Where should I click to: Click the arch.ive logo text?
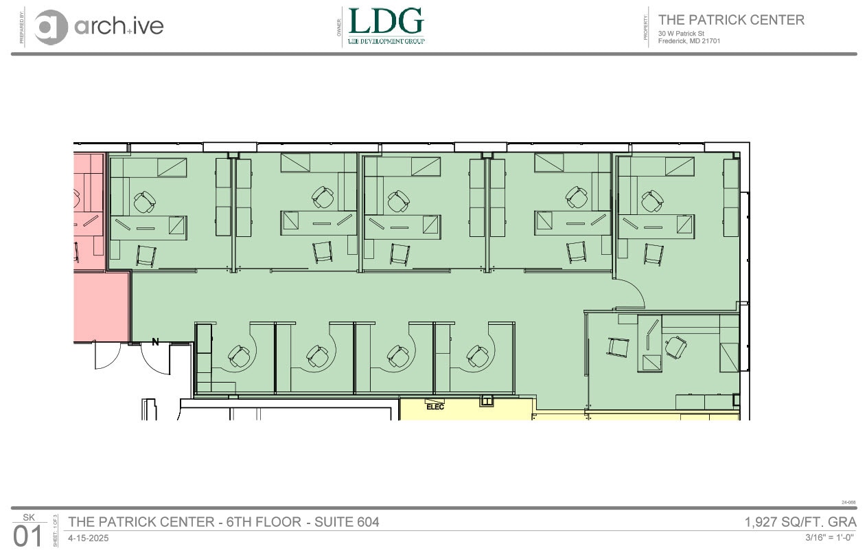[x=118, y=26]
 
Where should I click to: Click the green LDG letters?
[x=386, y=21]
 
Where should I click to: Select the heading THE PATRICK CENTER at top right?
[x=731, y=20]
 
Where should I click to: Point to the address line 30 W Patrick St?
[x=681, y=33]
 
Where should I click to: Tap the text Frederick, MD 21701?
[x=689, y=41]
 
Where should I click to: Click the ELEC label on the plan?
[x=435, y=407]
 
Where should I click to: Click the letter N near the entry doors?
[x=155, y=341]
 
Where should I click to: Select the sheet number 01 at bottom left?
[x=28, y=536]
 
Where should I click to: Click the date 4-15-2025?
[x=88, y=538]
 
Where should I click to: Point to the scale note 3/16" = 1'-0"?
[x=830, y=537]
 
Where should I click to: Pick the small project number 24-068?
[x=848, y=502]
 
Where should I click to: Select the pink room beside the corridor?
[x=101, y=306]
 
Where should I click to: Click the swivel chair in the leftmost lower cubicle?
[x=240, y=356]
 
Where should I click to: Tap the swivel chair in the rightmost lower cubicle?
[x=478, y=356]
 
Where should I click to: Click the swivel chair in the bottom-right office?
[x=676, y=347]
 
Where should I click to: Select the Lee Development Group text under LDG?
[x=386, y=41]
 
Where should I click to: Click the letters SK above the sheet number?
[x=28, y=517]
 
